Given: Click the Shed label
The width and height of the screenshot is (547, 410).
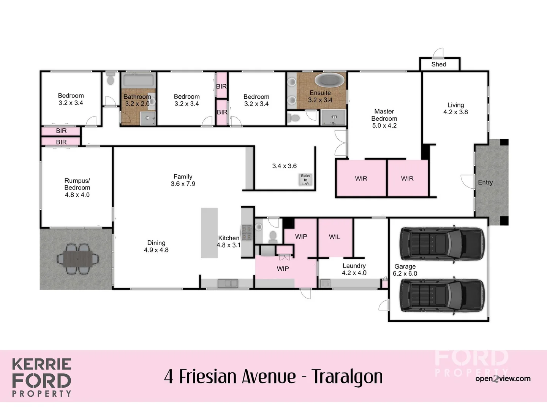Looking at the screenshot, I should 438,64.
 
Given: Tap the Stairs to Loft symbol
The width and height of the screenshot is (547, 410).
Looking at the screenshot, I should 305,180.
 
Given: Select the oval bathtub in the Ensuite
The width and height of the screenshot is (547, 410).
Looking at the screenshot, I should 330,80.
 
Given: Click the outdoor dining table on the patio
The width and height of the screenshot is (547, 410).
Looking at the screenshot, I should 77,259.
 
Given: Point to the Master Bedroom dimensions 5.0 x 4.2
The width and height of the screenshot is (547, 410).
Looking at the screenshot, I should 384,126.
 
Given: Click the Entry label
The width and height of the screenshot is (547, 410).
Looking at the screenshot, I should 485,183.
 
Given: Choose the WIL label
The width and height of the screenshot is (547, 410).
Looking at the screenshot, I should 334,237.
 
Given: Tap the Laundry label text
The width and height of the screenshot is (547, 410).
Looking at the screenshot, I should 354,266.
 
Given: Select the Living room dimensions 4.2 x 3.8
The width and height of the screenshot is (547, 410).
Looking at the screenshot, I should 455,112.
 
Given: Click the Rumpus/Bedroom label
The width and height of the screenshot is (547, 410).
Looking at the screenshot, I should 77,184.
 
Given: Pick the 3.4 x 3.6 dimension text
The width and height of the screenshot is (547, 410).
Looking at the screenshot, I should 284,166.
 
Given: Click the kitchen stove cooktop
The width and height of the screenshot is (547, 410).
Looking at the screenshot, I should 247,232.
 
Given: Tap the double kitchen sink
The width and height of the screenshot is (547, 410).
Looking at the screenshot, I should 228,283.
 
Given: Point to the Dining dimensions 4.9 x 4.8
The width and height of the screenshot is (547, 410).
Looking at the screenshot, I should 156,250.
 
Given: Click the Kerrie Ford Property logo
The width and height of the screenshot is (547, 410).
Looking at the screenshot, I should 41,377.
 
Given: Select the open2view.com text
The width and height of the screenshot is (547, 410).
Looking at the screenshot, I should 503,378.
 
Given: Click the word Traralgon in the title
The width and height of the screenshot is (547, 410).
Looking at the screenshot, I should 347,377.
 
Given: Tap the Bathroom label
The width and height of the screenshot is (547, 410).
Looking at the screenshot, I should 137,97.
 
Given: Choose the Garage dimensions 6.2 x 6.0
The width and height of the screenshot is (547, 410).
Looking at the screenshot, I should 405,274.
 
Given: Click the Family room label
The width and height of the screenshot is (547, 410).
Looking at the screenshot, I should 183,177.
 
